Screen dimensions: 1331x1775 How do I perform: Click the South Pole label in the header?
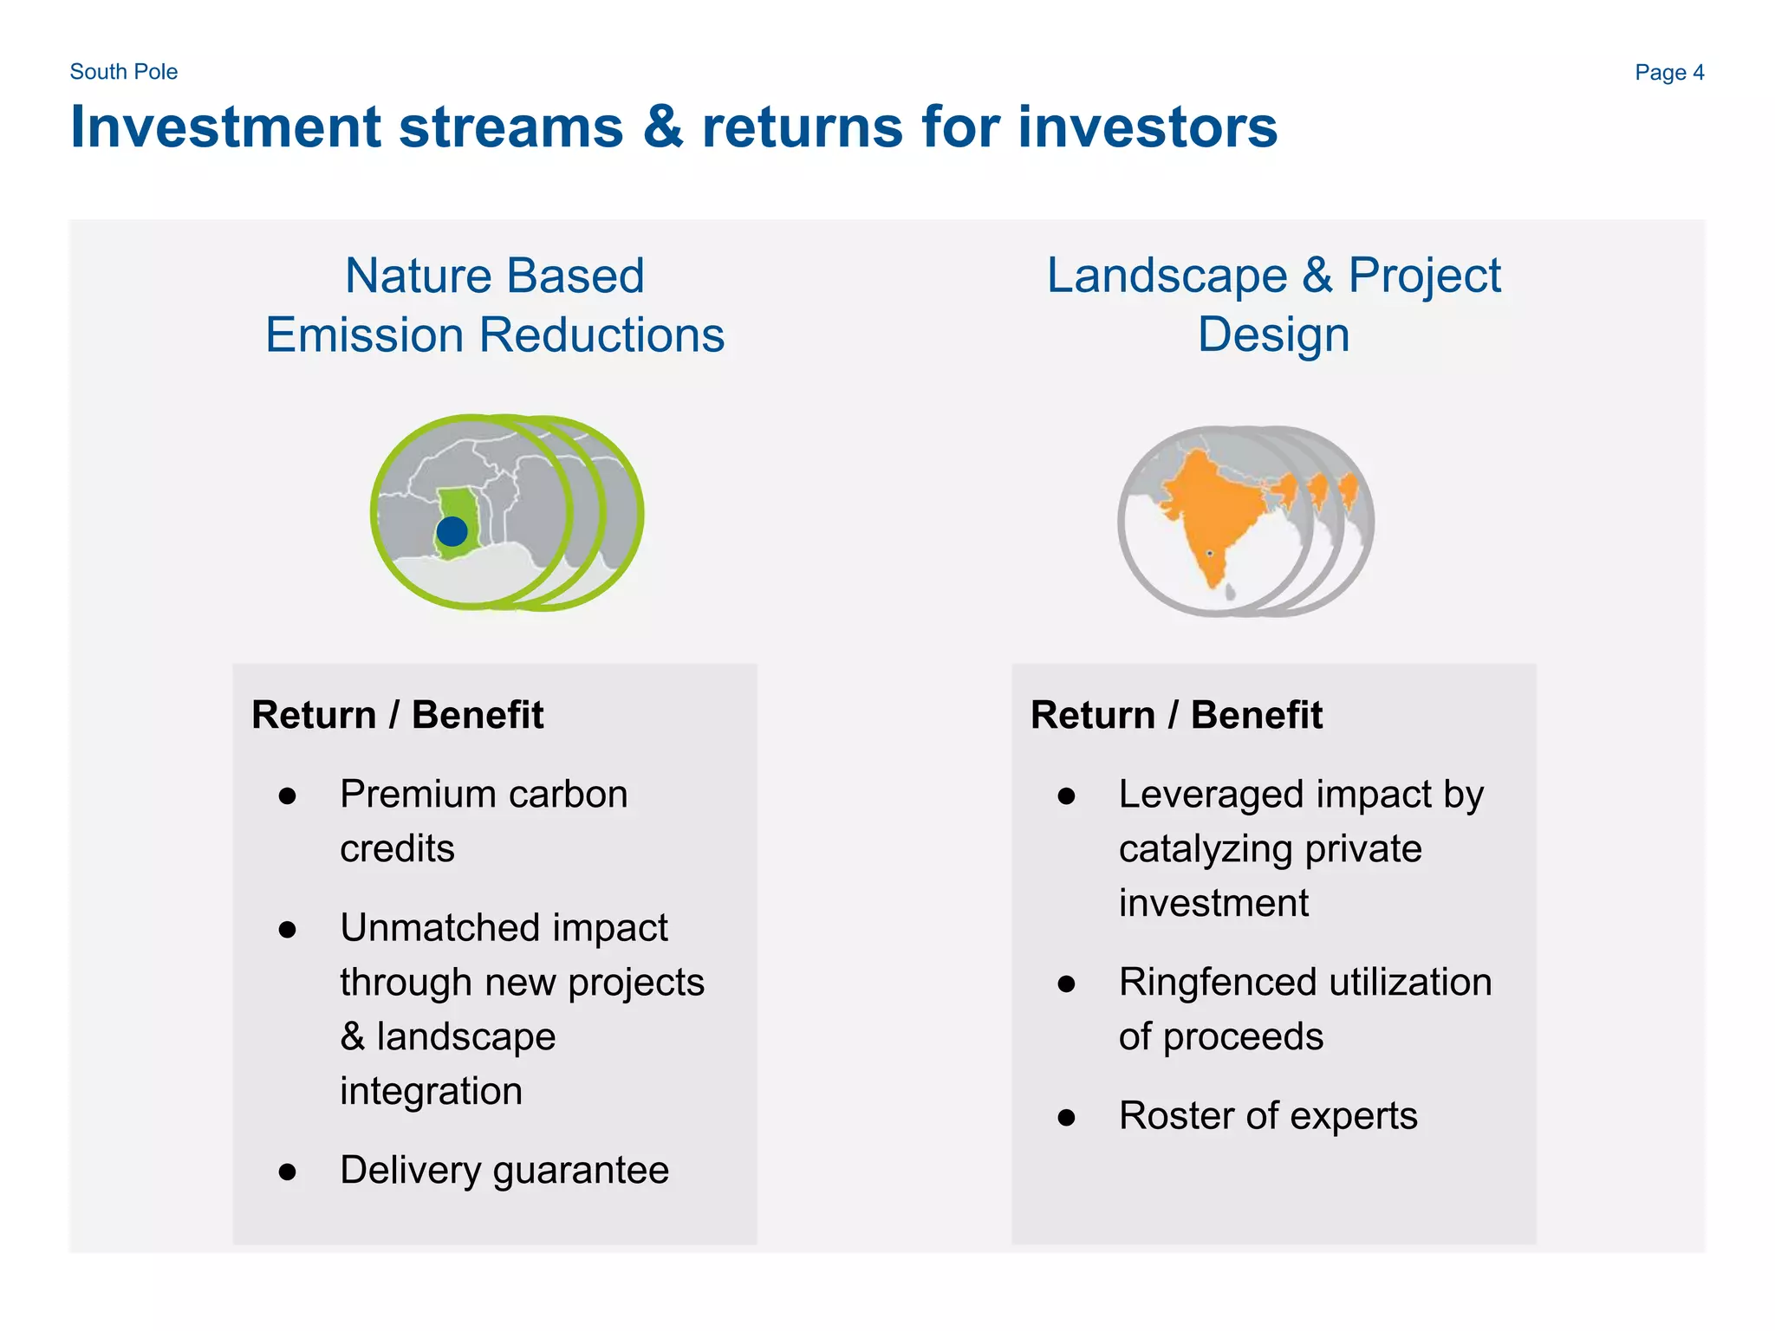tap(123, 72)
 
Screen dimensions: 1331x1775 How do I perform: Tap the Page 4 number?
tap(1668, 73)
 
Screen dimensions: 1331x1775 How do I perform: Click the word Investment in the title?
tap(225, 127)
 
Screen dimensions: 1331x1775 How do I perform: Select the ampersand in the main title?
tap(663, 127)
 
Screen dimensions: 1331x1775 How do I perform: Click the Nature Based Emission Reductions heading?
tap(495, 305)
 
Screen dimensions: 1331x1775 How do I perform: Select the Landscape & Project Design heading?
tap(1273, 305)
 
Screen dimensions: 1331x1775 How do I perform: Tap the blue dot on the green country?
tap(452, 531)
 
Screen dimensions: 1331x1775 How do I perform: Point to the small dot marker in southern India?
tap(1210, 553)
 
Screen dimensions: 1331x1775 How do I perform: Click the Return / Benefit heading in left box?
tap(397, 716)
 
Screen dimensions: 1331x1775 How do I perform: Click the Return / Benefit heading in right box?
tap(1176, 716)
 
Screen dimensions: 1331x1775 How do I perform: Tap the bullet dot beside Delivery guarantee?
tap(288, 1172)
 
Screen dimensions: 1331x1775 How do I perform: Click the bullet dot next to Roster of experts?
tap(1067, 1118)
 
